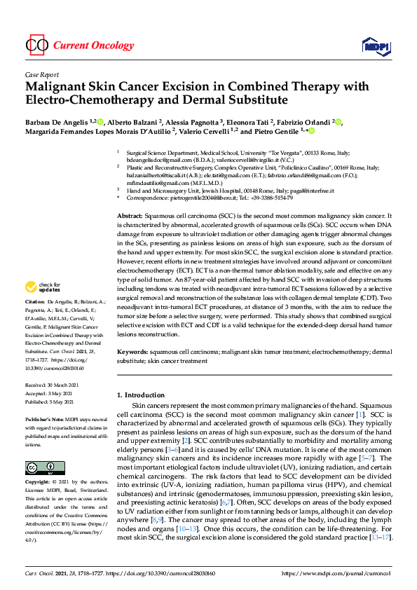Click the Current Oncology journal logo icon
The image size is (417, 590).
(x=36, y=46)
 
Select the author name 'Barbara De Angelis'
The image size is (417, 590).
(x=55, y=121)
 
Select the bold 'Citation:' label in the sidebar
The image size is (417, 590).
(x=36, y=320)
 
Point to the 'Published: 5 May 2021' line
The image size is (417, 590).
(x=53, y=403)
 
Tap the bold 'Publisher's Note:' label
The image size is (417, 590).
(x=46, y=419)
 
